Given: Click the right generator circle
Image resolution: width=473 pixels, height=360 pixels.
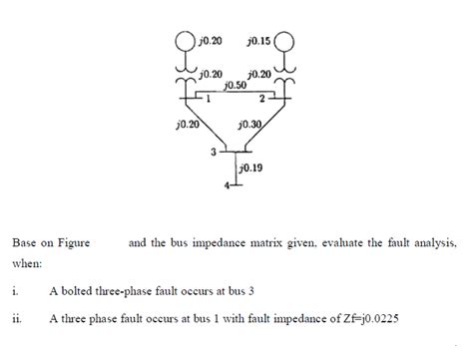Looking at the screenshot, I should (285, 45).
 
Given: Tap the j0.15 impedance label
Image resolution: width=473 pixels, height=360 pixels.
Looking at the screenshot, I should (257, 40).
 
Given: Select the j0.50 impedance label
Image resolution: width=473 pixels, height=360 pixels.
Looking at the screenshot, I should (236, 87).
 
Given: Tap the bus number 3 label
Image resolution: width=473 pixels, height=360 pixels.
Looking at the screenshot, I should (212, 153).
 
